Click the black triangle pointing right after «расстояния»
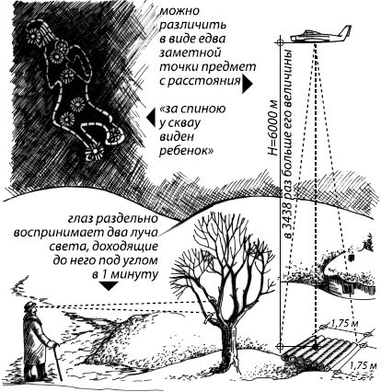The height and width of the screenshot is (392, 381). pos(248,82)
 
